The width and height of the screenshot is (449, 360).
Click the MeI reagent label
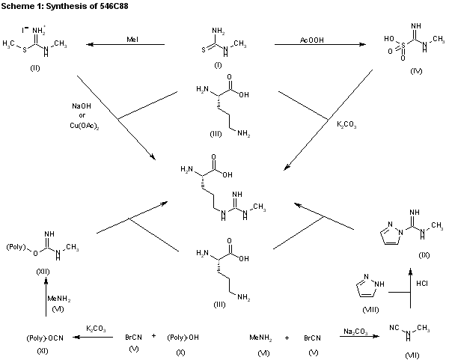[132, 39]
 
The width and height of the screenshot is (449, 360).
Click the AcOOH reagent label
[312, 40]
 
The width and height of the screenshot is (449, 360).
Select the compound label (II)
[35, 68]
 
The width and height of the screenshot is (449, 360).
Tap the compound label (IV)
[416, 71]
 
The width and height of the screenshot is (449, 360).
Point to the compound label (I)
[218, 65]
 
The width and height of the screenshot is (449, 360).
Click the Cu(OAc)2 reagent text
[85, 126]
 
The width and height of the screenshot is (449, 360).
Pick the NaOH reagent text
[82, 106]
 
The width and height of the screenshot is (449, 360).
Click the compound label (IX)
[424, 255]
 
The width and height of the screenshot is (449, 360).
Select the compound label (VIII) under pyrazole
[370, 310]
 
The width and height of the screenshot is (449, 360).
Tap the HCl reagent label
[422, 283]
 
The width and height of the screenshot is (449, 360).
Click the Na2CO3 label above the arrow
[355, 332]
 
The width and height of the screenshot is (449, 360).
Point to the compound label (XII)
[43, 272]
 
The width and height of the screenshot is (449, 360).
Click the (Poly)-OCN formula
[45, 338]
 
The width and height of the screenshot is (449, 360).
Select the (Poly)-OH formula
[183, 338]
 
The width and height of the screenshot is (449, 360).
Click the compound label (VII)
[412, 356]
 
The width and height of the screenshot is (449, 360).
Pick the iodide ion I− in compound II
[25, 29]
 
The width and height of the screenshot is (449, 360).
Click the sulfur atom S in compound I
[204, 50]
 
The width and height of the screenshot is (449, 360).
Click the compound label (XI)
[43, 350]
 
